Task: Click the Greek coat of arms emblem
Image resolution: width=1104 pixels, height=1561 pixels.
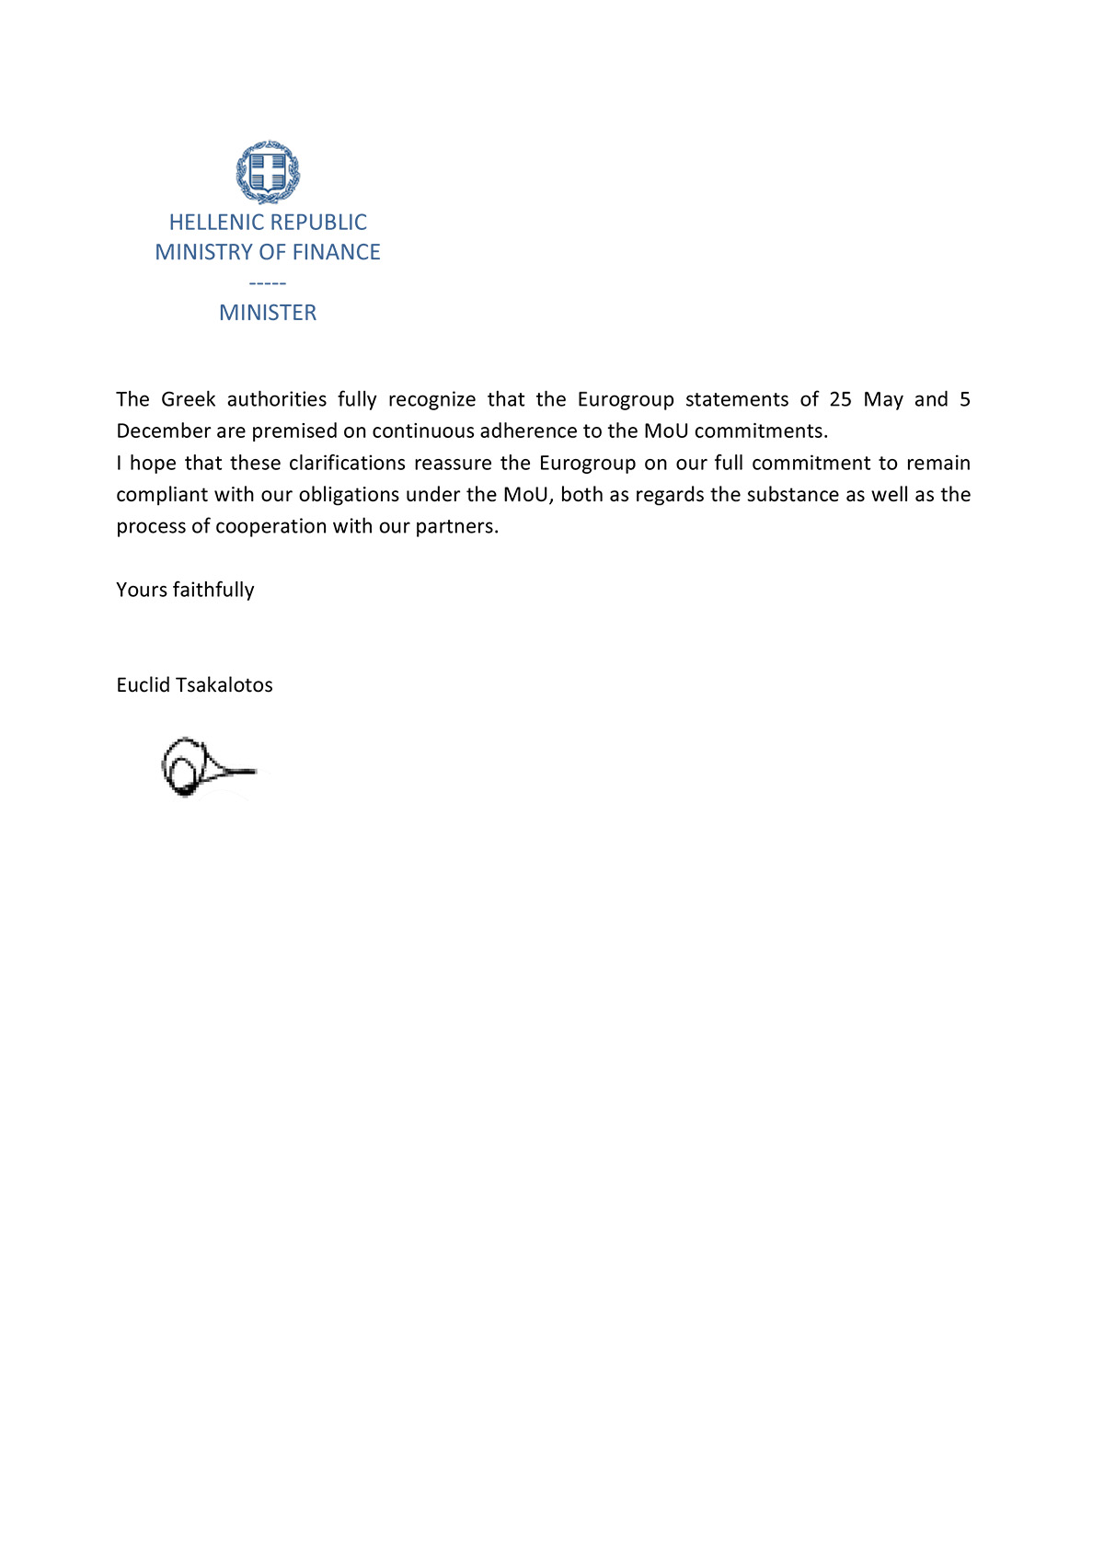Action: click(268, 172)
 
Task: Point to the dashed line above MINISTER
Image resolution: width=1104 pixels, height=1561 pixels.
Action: click(268, 283)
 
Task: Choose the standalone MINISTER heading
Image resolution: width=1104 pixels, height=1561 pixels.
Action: click(268, 313)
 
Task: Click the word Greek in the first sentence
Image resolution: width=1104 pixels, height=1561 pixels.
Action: click(189, 399)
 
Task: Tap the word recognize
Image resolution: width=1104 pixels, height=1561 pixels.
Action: click(431, 399)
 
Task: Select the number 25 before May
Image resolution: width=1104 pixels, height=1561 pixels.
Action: click(840, 399)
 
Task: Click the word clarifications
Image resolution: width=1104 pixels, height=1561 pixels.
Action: click(347, 463)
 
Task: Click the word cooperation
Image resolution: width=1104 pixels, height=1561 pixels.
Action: click(269, 526)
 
